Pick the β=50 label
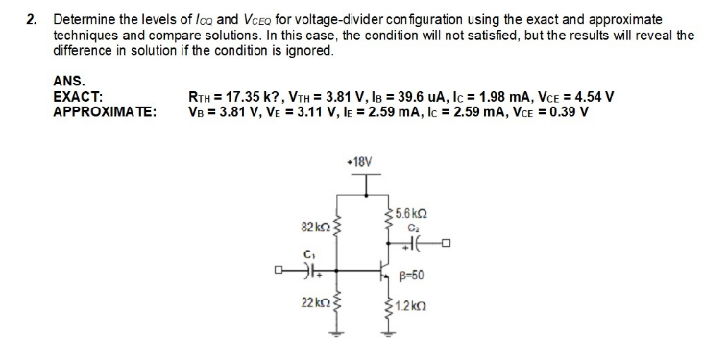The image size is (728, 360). (411, 276)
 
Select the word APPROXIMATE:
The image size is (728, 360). (106, 111)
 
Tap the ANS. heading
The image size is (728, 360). (68, 83)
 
